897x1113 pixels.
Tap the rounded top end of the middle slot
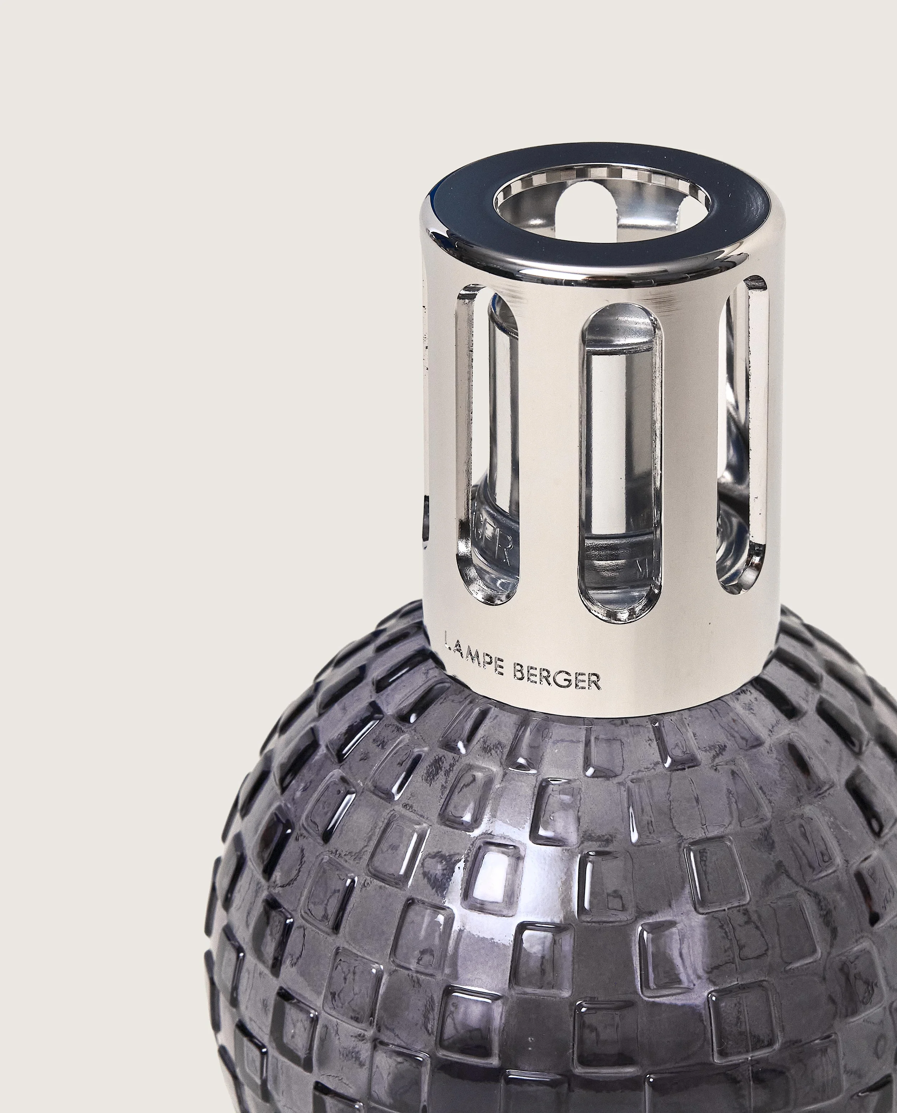(x=620, y=326)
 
